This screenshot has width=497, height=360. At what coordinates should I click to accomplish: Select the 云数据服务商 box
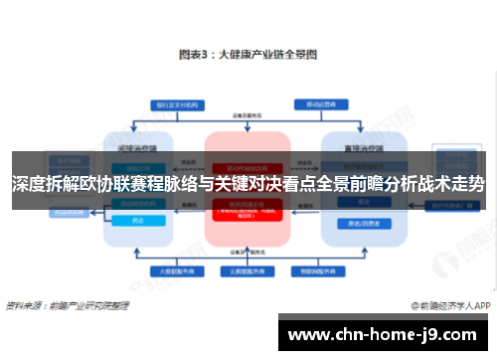click(x=248, y=270)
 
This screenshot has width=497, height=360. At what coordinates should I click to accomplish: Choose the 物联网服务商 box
click(x=315, y=270)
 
